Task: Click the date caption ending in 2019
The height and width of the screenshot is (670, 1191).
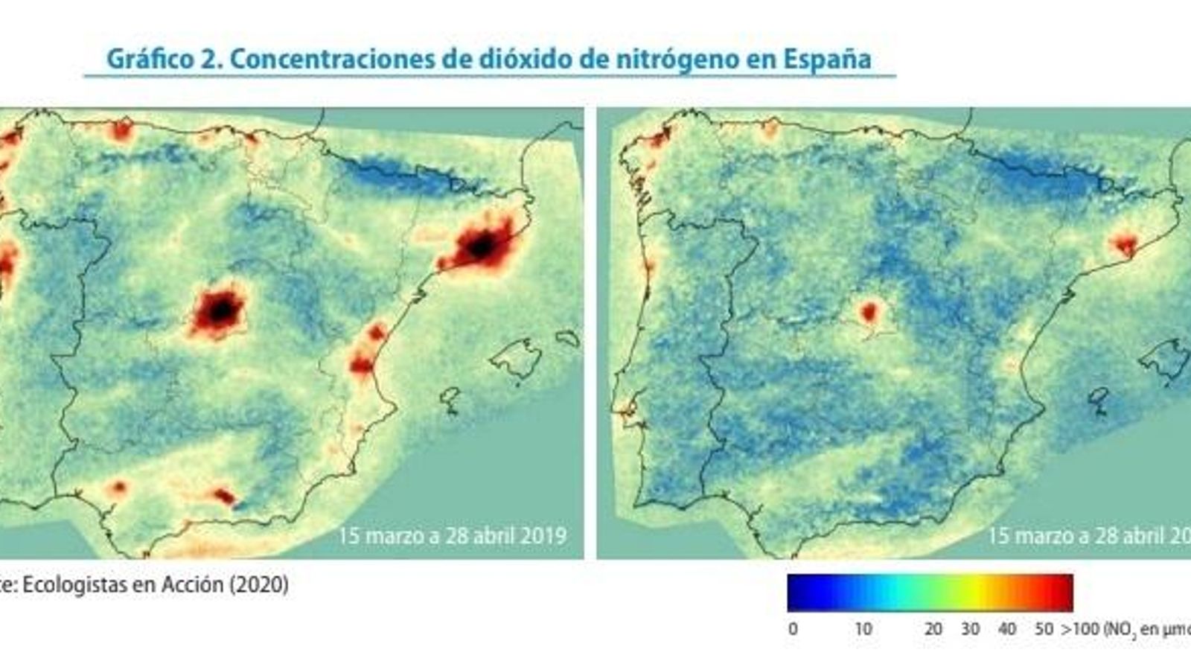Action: [452, 535]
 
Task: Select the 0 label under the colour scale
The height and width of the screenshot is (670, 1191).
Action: [793, 629]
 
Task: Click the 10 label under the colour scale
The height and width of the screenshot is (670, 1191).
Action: [863, 629]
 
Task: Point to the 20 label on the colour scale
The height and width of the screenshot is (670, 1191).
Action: [933, 629]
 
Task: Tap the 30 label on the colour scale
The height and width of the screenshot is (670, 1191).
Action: [970, 629]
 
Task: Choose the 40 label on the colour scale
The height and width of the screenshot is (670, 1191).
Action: [1006, 629]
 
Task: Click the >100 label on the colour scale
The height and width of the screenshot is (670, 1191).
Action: [1080, 629]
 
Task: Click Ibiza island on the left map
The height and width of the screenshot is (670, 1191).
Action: [450, 398]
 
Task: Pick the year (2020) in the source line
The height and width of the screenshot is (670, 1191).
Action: [258, 584]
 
